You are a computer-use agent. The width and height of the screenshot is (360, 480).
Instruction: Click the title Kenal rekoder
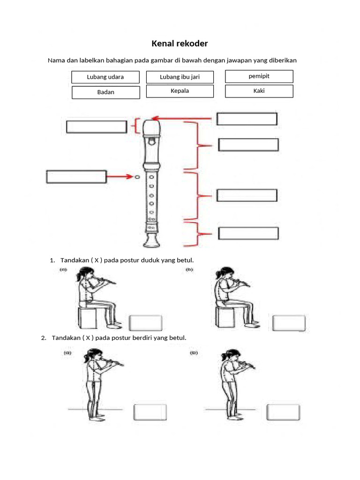point(180,44)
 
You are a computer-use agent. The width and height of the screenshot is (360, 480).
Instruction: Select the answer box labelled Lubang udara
point(105,77)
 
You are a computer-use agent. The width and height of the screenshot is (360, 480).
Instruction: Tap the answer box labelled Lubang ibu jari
point(180,77)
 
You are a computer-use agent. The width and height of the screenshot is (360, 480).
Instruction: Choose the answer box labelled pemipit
point(259,76)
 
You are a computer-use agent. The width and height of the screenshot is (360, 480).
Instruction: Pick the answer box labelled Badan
point(105,92)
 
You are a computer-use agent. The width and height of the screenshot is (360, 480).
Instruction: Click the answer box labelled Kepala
point(180,91)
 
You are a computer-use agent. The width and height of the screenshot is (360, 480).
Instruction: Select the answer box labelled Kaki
point(259,91)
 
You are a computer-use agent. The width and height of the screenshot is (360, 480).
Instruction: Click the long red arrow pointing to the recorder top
point(185,119)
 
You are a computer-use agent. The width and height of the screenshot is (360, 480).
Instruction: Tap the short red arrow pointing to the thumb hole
point(120,177)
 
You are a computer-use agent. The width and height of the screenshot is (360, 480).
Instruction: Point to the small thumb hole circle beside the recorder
point(137,177)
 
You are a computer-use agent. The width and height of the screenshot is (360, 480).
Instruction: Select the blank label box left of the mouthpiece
point(97,127)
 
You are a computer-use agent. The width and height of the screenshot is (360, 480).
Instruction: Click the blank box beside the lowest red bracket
point(248,233)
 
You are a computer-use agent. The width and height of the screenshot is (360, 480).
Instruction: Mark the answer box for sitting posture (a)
point(146,323)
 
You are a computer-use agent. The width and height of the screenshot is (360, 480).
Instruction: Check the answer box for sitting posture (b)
point(289,323)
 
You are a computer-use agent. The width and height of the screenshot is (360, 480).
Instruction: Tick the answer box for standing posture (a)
point(150,412)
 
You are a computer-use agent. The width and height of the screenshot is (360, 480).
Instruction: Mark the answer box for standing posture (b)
point(284,412)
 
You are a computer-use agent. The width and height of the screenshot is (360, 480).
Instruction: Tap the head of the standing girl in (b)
point(229,356)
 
